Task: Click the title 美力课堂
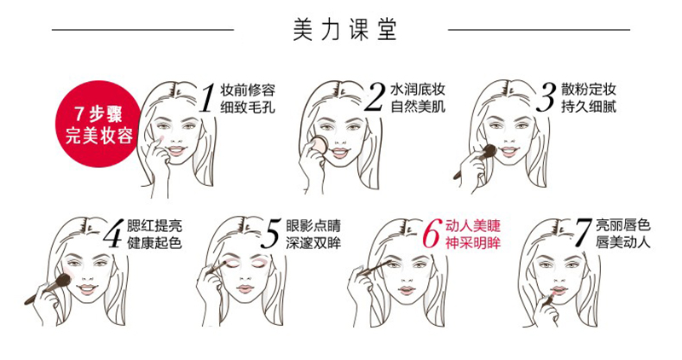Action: point(344,30)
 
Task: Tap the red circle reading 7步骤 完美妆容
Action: point(99,124)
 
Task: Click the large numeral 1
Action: point(207,98)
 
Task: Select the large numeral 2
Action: point(375,98)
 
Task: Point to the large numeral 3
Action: point(546,98)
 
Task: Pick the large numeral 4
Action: point(114,234)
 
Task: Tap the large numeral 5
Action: point(271,234)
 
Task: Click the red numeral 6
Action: point(432,234)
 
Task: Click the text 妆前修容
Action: point(247,90)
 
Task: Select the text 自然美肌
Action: point(418,107)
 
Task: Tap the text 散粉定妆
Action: point(588,90)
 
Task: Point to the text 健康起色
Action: point(154,242)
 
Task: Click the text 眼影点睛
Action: point(314,226)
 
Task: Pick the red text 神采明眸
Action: point(473,242)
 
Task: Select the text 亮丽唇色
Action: point(623,226)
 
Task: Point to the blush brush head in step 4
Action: point(64,281)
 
